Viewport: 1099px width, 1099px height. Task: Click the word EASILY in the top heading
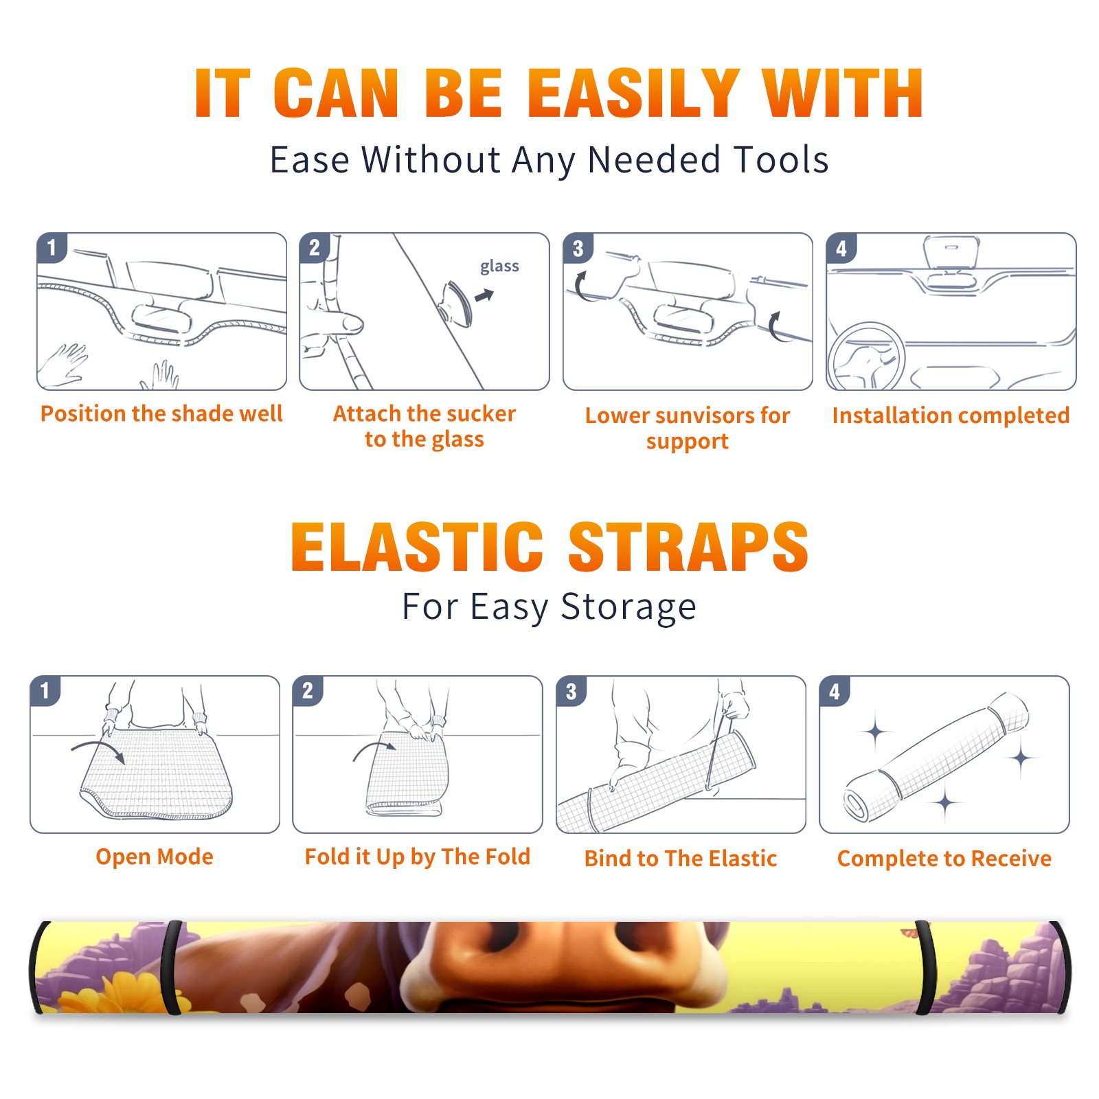(x=633, y=93)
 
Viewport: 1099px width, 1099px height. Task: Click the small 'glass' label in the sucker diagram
(x=499, y=267)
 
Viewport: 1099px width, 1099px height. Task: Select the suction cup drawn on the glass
(x=457, y=304)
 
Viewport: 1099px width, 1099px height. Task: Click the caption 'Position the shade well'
(x=161, y=413)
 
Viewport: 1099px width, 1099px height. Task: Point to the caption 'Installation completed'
(x=951, y=415)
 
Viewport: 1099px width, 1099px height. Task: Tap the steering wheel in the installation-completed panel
(x=865, y=357)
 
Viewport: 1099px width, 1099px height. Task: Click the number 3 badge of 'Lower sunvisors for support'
(x=578, y=248)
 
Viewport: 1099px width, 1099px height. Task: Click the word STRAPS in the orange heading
(x=688, y=547)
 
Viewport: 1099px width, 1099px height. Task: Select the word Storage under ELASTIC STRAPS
(x=628, y=607)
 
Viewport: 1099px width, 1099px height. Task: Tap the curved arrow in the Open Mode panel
(x=98, y=751)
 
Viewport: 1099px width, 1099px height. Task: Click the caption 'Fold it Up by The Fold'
(x=418, y=857)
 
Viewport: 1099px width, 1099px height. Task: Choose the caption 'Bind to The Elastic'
(x=681, y=859)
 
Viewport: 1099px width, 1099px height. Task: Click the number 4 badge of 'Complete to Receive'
(x=835, y=691)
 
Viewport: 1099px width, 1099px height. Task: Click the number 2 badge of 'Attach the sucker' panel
(x=315, y=248)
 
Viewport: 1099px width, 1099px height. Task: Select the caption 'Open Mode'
(x=155, y=857)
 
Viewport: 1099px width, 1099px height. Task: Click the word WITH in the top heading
(x=843, y=93)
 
